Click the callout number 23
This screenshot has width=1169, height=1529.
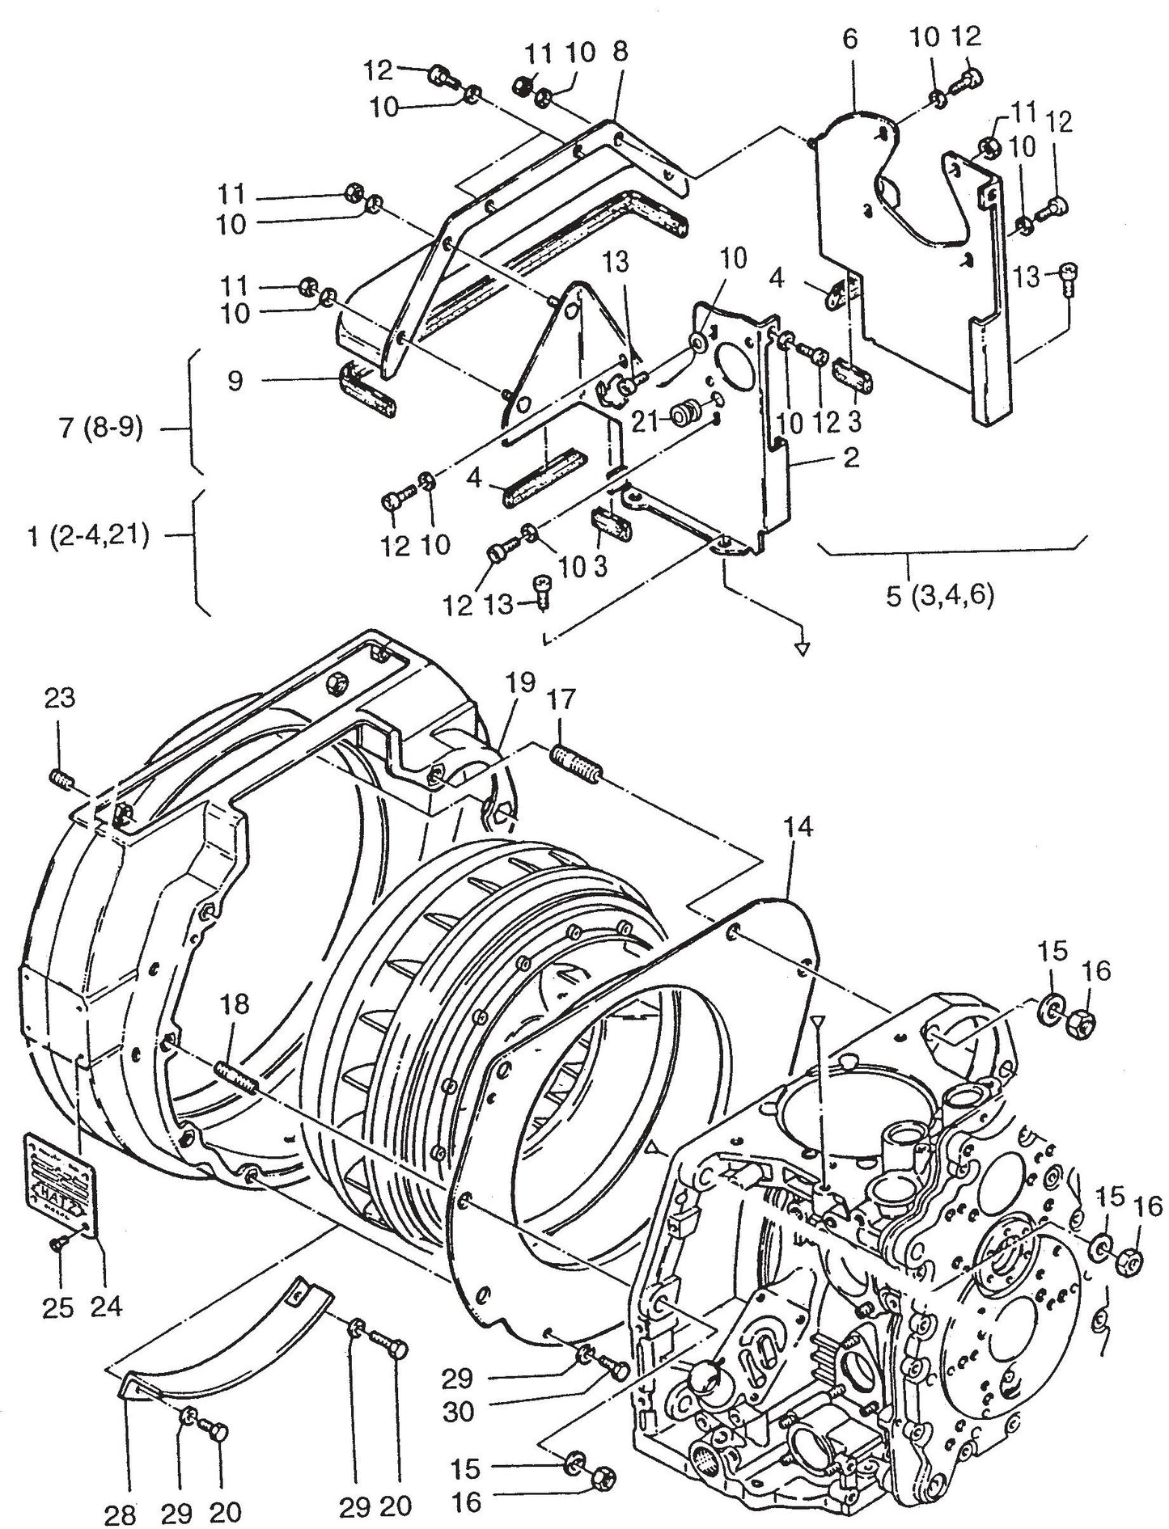pos(58,697)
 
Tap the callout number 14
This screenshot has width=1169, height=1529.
pos(798,827)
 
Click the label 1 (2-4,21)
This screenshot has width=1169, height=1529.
pos(87,536)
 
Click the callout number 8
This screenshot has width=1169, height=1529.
pos(620,53)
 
